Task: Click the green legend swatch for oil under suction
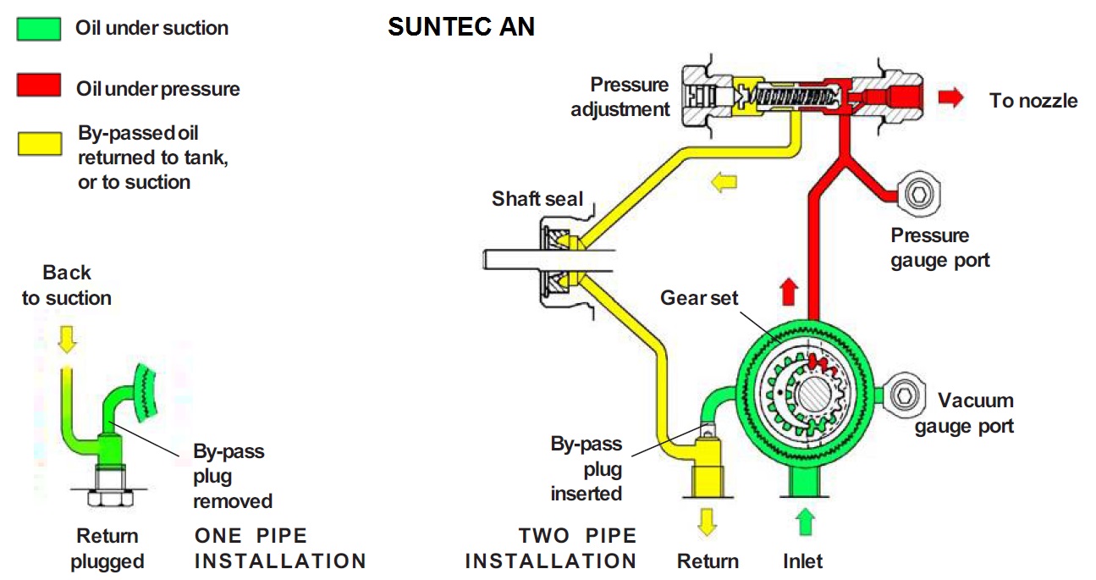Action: click(39, 29)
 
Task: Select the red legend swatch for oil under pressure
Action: click(39, 86)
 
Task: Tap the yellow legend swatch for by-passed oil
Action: click(39, 143)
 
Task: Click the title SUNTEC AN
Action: click(461, 27)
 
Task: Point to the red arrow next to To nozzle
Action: click(950, 97)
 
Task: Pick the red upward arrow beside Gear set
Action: click(788, 293)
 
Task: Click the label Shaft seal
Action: click(537, 200)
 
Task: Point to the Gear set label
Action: click(699, 298)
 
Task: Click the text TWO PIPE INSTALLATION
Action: click(552, 548)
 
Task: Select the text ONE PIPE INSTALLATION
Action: click(280, 548)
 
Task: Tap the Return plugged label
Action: click(107, 548)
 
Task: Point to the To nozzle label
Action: click(1033, 101)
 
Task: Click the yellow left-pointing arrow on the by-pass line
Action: click(723, 181)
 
